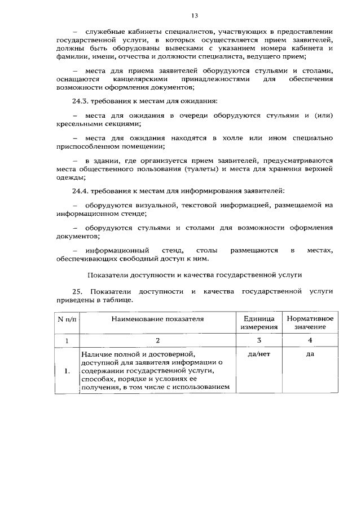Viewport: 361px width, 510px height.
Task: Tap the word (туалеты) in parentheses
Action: pos(202,168)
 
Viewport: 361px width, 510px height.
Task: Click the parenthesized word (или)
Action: pos(323,116)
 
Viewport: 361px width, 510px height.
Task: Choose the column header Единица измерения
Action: pos(259,322)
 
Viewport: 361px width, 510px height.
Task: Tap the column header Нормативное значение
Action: pos(310,322)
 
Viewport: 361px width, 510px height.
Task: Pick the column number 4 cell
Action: pos(310,340)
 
